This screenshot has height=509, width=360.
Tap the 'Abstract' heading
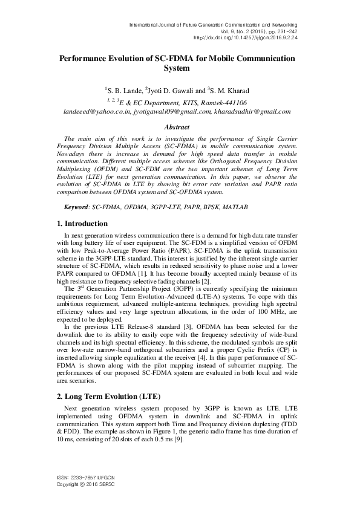(x=177, y=127)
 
